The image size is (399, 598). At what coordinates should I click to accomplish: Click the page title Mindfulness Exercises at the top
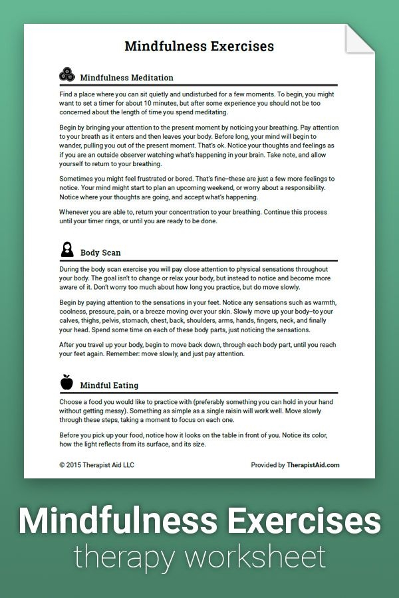tap(199, 47)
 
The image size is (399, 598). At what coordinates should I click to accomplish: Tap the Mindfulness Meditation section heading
tap(126, 78)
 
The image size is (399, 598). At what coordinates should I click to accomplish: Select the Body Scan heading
tap(100, 252)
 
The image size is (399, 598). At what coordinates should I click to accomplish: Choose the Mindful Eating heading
tap(109, 385)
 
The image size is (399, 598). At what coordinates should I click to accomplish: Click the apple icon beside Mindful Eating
tap(66, 382)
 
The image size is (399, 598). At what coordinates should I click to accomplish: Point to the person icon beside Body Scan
tap(66, 250)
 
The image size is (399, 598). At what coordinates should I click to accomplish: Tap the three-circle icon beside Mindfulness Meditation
tap(66, 74)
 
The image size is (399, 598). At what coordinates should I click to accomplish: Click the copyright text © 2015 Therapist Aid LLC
tap(96, 465)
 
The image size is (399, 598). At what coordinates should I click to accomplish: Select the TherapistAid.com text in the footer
tap(313, 465)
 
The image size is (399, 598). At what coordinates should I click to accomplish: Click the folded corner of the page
tap(361, 39)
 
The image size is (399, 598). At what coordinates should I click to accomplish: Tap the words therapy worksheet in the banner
tap(199, 557)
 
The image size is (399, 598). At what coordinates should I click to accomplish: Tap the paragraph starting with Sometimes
tap(197, 188)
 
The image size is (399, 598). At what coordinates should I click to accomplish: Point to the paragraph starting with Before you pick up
tap(197, 439)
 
